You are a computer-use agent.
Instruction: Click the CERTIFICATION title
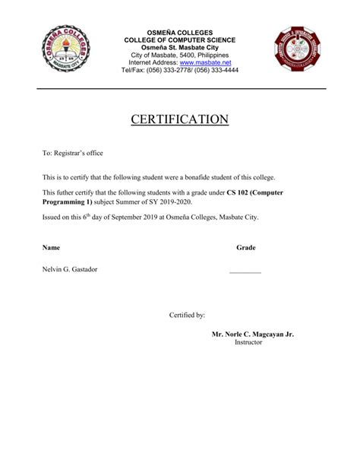pos(180,119)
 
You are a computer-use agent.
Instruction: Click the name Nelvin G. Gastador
pos(70,269)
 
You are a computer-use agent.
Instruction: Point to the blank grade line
pos(245,272)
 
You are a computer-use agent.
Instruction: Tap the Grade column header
pos(245,248)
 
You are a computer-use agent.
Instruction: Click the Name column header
pos(51,248)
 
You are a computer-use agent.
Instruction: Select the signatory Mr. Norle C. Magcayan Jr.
pos(252,334)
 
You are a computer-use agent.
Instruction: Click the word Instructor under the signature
pos(248,342)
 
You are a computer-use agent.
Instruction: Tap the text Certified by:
pos(187,314)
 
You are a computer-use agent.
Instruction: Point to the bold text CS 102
pos(240,193)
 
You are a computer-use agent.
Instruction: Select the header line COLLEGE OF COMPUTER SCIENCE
pos(180,40)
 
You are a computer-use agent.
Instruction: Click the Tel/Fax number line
pos(180,70)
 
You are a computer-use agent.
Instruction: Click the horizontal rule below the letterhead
pos(180,89)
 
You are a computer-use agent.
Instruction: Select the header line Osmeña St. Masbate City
pos(180,47)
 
